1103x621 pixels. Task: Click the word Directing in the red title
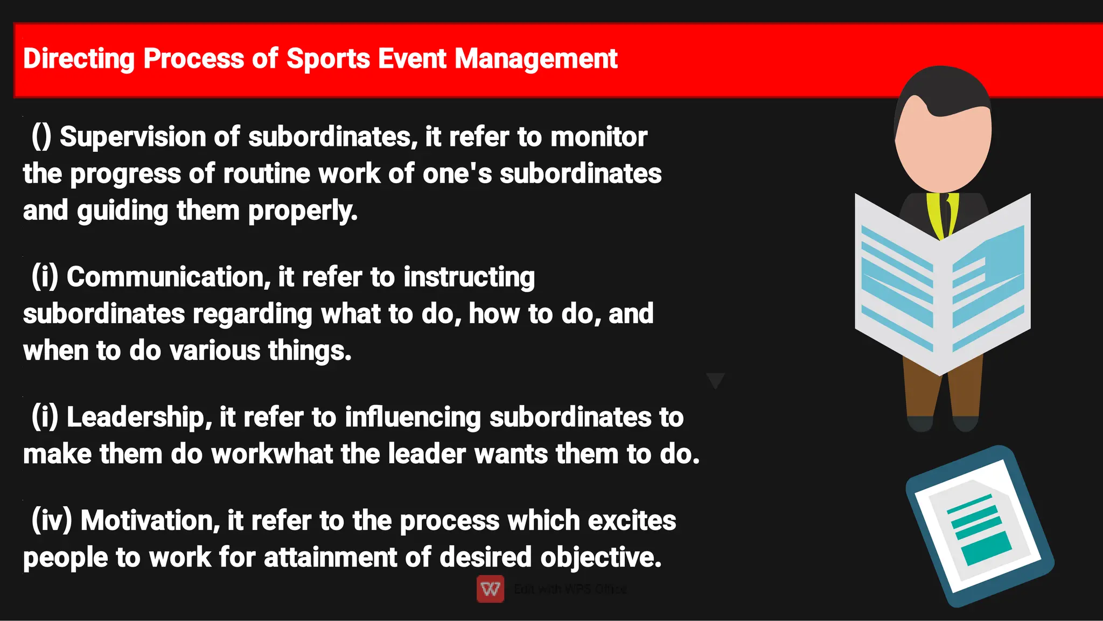pos(79,59)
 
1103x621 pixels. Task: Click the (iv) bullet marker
pos(52,521)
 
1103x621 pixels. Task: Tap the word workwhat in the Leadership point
pos(273,454)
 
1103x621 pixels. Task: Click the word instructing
pos(469,277)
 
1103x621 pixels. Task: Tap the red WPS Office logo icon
pos(490,589)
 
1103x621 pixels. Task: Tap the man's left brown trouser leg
pos(922,393)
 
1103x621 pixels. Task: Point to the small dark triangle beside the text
pos(715,380)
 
